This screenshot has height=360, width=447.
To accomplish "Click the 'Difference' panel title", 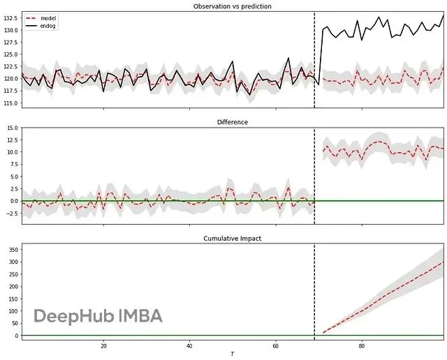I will click(x=233, y=122).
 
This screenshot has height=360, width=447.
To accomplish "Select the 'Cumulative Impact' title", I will click(x=233, y=239).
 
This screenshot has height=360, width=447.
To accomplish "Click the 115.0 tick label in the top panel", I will click(x=10, y=104).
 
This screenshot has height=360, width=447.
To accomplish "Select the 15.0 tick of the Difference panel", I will click(x=12, y=128).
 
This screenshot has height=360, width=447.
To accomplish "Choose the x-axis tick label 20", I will click(x=103, y=345).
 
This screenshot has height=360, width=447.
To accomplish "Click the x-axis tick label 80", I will click(x=362, y=345).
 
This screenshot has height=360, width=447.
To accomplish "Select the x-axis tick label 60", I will click(x=275, y=345).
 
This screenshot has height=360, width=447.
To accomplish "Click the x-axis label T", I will click(x=233, y=354).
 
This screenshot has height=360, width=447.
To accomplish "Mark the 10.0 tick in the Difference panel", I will click(x=12, y=152).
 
